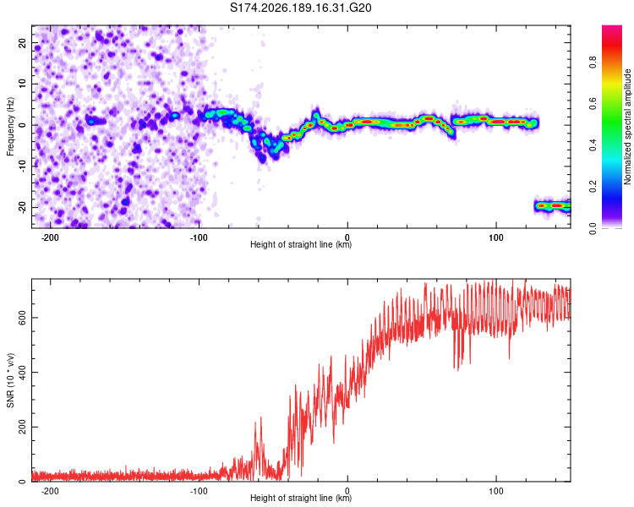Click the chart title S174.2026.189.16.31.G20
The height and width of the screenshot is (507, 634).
[300, 8]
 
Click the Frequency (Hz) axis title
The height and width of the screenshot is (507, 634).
[10, 126]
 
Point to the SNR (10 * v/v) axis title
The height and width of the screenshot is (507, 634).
[10, 380]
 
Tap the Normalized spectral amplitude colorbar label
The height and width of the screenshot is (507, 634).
[627, 127]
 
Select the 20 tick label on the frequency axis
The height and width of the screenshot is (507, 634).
[22, 42]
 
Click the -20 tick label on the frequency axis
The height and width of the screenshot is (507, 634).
[22, 207]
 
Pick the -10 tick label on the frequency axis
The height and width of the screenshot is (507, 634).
[22, 166]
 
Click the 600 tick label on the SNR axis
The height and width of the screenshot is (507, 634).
[22, 318]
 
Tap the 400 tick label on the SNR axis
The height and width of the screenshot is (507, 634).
[22, 373]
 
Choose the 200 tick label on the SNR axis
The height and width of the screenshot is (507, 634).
[22, 427]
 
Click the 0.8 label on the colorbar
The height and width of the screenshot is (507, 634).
[593, 63]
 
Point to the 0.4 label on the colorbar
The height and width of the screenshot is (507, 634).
[593, 145]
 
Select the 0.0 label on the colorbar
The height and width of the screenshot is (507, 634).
[593, 228]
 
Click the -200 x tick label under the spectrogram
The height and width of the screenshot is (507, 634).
[50, 237]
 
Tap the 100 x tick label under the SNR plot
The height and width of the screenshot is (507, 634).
[496, 491]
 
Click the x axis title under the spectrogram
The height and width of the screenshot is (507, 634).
[301, 244]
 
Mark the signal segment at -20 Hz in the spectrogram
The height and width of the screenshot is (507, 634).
[552, 206]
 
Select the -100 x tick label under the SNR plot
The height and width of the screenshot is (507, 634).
[199, 491]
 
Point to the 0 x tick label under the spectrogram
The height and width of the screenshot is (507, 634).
[347, 237]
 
